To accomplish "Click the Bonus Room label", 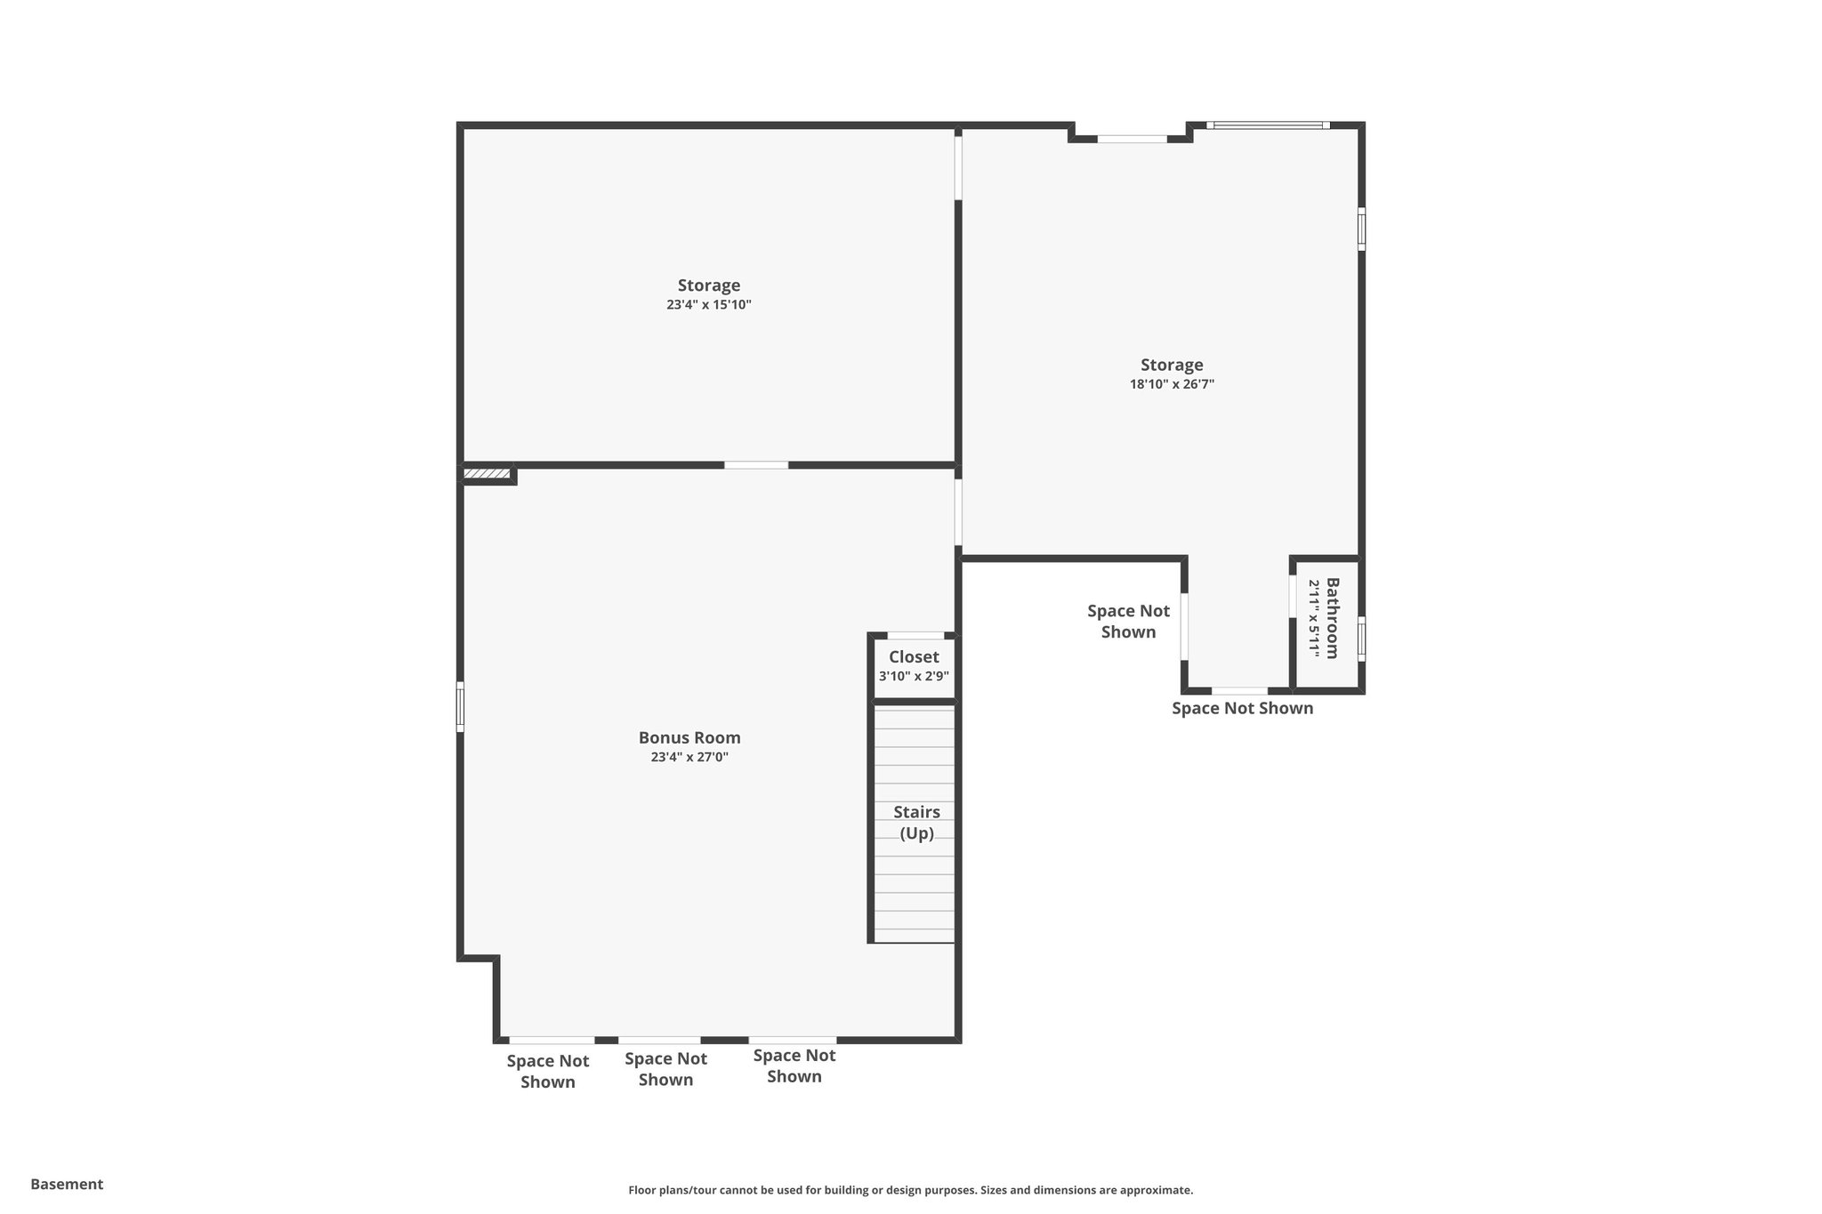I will (x=689, y=737).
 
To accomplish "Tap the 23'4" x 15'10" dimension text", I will (x=709, y=305).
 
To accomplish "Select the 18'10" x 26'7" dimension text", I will (x=1172, y=384).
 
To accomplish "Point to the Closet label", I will (x=914, y=657).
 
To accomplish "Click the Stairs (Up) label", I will (x=916, y=823).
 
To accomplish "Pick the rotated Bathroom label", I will (x=1332, y=618).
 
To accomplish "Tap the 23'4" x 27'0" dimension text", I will (x=689, y=758).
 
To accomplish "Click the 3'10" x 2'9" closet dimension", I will (x=914, y=676).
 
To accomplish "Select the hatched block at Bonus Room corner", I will (x=487, y=474).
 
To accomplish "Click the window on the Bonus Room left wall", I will (x=460, y=707).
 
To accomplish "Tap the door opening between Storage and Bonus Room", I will (x=755, y=465).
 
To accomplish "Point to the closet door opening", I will (x=915, y=635).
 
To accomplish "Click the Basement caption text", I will (x=67, y=1184).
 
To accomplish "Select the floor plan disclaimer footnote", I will (x=910, y=1190).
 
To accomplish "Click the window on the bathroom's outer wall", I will (x=1361, y=639).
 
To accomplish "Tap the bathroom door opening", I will (x=1291, y=597).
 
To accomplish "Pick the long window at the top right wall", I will (x=1268, y=125).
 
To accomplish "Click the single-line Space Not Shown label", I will (x=1242, y=708).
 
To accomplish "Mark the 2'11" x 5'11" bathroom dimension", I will (x=1313, y=618).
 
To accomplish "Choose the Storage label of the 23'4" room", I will (x=709, y=285).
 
